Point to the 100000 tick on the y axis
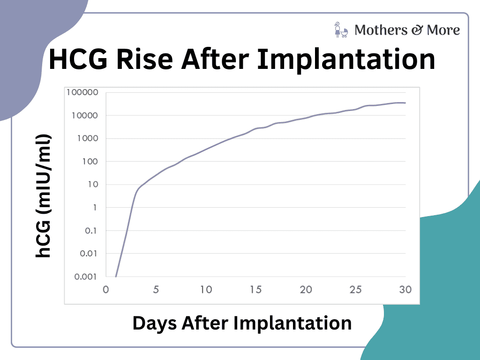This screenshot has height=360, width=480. (x=82, y=92)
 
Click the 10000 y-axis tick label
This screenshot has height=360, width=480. (x=85, y=115)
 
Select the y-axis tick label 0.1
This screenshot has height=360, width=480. (x=91, y=230)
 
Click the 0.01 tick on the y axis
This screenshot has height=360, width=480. (x=89, y=253)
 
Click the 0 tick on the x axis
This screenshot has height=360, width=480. (x=106, y=290)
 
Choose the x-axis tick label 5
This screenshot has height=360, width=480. (x=156, y=290)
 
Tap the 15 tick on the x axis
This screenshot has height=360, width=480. (x=256, y=290)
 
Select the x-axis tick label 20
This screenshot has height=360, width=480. (x=306, y=290)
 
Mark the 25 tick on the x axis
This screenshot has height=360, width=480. (x=356, y=290)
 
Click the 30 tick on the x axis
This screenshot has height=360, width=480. (x=405, y=290)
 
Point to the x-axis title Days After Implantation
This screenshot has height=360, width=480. (x=242, y=323)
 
